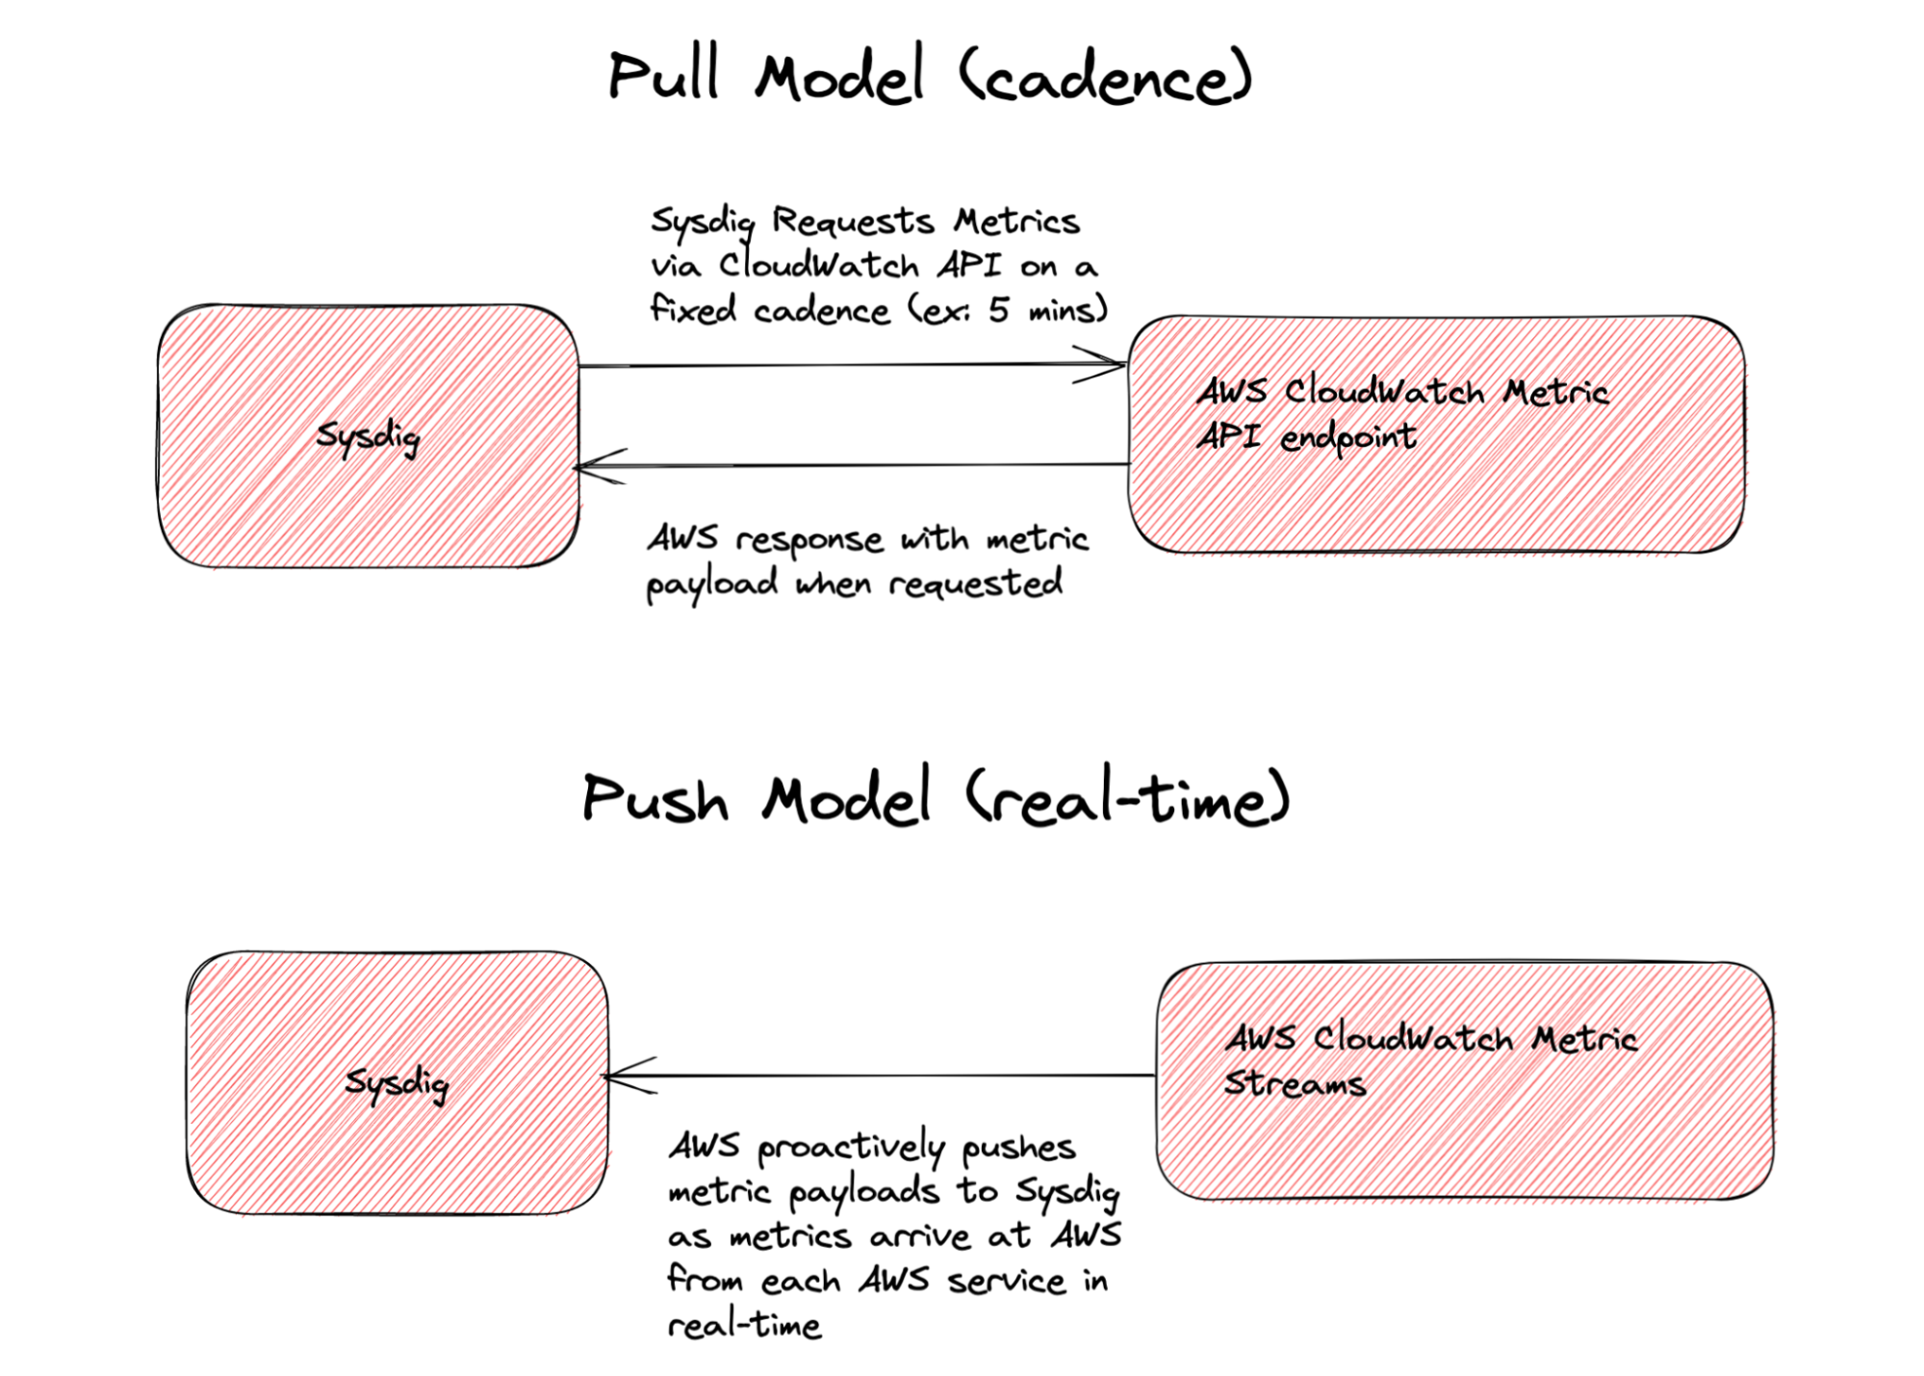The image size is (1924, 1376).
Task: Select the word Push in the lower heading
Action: click(654, 799)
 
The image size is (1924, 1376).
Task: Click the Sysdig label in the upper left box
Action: click(368, 437)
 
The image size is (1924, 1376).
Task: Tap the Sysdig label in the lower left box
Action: click(397, 1083)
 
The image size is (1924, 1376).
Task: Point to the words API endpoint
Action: click(1305, 437)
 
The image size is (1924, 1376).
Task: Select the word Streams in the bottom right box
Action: click(1295, 1083)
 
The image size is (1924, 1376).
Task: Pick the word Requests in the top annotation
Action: click(853, 221)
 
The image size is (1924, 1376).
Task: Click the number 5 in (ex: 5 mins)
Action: click(999, 310)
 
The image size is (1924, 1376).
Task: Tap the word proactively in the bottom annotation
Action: click(851, 1147)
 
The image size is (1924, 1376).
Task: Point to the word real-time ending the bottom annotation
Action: click(744, 1326)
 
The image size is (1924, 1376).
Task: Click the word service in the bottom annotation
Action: click(1006, 1282)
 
